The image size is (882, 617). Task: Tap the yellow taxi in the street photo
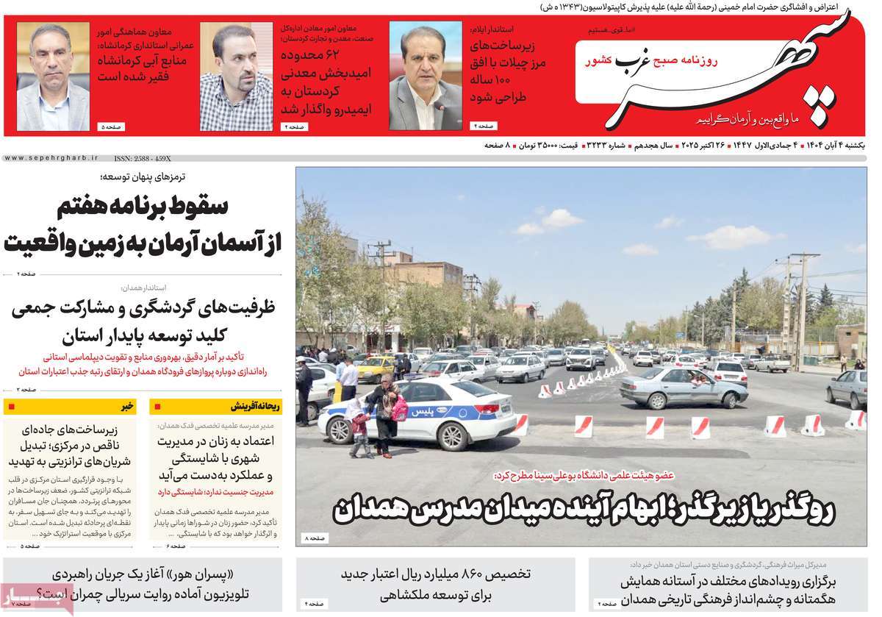(376, 367)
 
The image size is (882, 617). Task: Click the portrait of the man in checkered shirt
(236, 76)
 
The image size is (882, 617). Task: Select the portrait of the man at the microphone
(425, 76)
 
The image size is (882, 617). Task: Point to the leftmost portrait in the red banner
(53, 76)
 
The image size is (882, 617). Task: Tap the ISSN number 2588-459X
(143, 158)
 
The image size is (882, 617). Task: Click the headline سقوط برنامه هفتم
(143, 208)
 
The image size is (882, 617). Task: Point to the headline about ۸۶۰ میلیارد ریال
(435, 584)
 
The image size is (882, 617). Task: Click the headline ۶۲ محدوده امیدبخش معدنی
(324, 81)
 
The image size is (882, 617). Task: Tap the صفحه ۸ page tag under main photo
(315, 540)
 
